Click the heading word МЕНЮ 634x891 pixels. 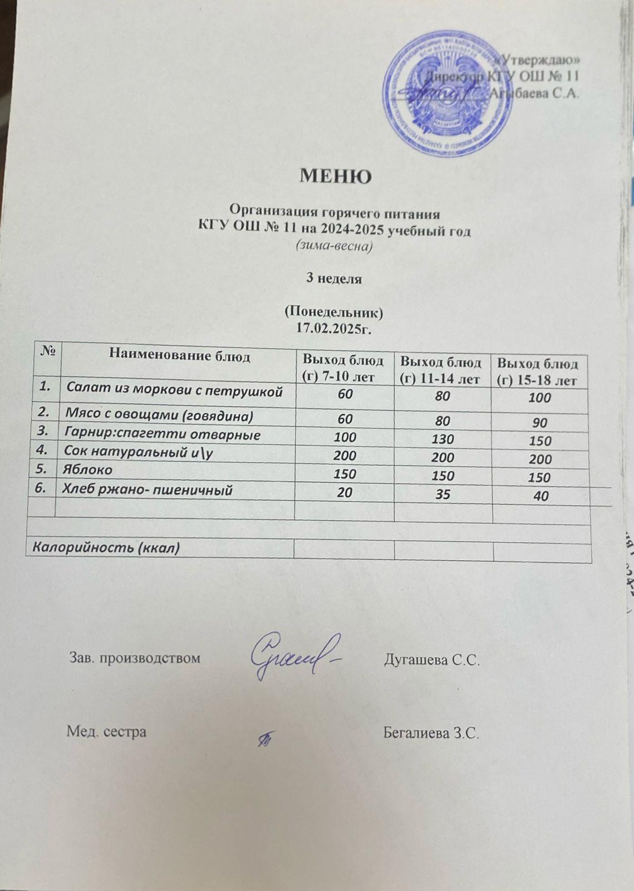click(x=336, y=177)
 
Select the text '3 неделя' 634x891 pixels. click(x=335, y=279)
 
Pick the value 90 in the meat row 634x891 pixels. click(x=539, y=423)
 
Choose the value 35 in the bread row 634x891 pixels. click(x=443, y=493)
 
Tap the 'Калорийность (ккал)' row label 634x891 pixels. click(x=107, y=548)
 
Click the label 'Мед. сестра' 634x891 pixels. click(x=107, y=732)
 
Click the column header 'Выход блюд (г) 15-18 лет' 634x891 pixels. click(x=537, y=372)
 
